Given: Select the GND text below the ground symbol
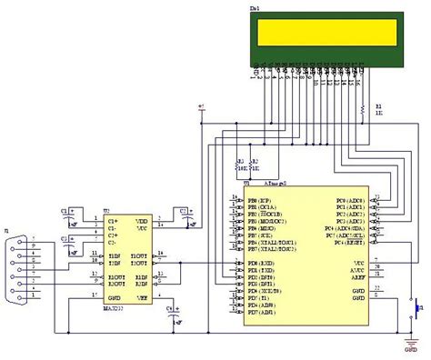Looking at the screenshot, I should click(x=412, y=349).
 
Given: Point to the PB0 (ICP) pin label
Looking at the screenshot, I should click(x=260, y=199).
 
